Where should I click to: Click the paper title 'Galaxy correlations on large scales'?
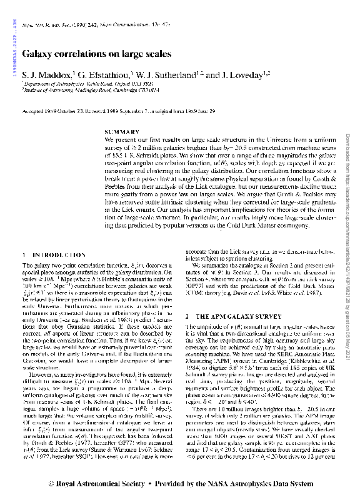[96, 54]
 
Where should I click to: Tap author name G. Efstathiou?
[101, 75]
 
